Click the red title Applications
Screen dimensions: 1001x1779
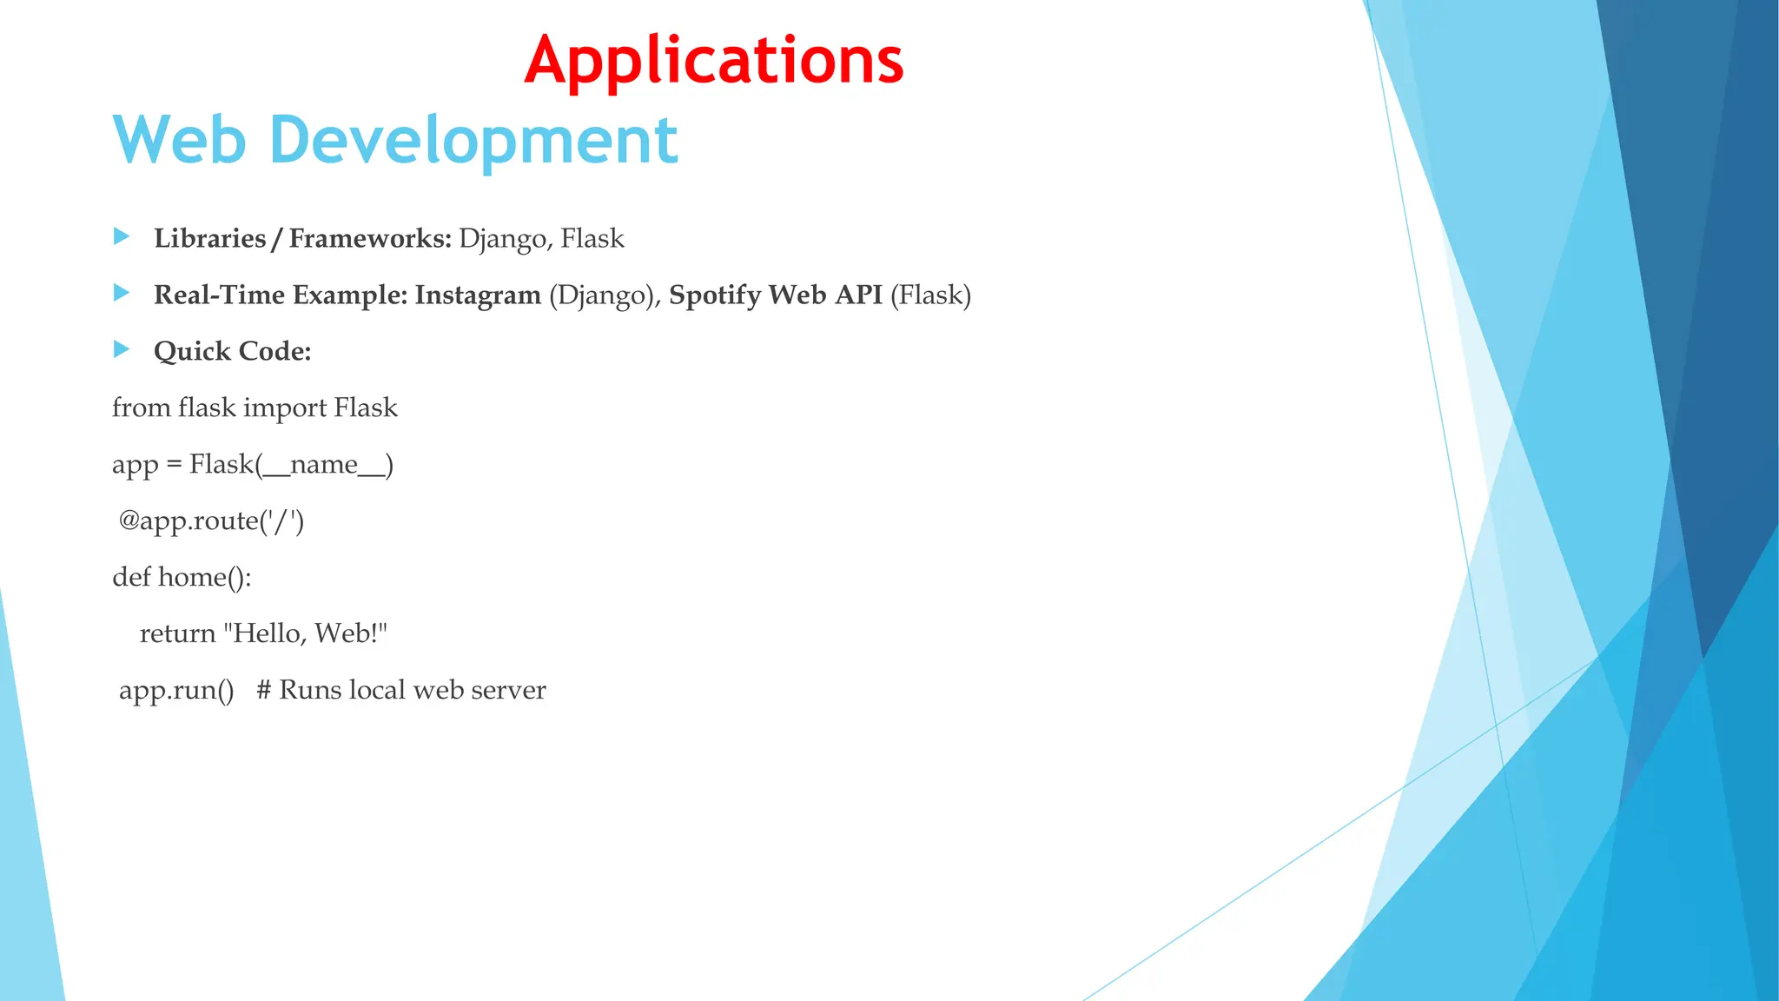(714, 61)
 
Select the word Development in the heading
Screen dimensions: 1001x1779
(473, 141)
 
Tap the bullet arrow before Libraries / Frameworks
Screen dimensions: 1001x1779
(122, 236)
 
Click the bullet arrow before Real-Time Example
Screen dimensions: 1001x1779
(122, 293)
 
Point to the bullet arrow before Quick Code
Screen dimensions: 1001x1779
(122, 349)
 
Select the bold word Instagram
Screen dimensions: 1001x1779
(478, 295)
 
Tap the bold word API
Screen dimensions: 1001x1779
(858, 295)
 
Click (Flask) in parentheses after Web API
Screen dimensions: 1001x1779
(930, 295)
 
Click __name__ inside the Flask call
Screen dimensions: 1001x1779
(324, 465)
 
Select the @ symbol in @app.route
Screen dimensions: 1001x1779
(129, 520)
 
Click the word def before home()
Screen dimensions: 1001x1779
(131, 577)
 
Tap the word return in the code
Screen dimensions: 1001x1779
(177, 633)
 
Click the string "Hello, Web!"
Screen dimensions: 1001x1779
(305, 633)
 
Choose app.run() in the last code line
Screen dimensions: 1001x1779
(176, 691)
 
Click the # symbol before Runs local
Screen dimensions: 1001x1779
(264, 690)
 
